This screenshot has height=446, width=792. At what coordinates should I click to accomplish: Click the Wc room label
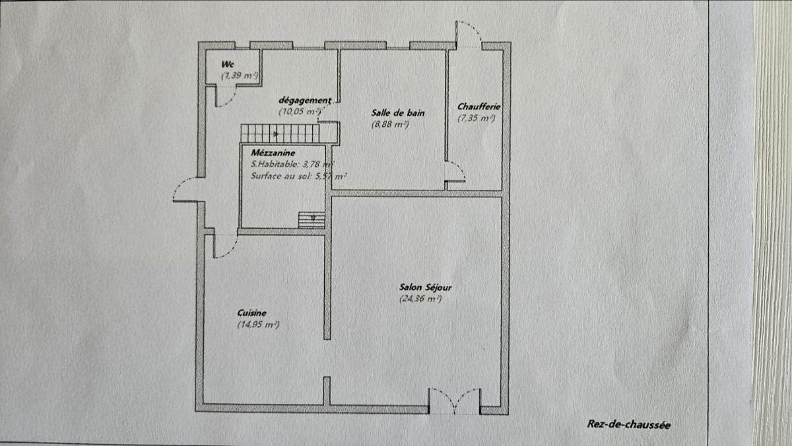click(x=227, y=65)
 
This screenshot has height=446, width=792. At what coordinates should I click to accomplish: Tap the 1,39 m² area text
click(x=240, y=76)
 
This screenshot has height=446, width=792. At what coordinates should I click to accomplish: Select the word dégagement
click(x=305, y=101)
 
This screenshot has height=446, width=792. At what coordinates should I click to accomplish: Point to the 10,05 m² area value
click(x=300, y=112)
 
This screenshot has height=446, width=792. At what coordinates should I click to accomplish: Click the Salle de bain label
click(x=398, y=113)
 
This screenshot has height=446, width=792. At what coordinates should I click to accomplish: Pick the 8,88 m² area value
click(x=390, y=125)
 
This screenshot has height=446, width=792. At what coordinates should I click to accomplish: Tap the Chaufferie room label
click(x=479, y=106)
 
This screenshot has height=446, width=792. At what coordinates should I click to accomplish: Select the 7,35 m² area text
click(x=477, y=118)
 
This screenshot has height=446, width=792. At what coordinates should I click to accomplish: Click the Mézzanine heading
click(x=273, y=153)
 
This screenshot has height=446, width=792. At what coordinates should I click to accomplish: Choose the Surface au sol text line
click(x=299, y=176)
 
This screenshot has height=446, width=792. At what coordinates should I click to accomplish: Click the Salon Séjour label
click(x=425, y=287)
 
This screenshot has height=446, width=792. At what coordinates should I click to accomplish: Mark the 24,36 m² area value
click(x=420, y=299)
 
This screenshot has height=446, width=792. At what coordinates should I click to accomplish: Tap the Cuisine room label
click(x=251, y=313)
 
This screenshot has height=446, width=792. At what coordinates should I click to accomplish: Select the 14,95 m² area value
click(x=258, y=324)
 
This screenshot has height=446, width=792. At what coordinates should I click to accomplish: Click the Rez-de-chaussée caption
click(x=628, y=424)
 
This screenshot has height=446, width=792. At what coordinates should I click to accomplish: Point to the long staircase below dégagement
click(x=280, y=133)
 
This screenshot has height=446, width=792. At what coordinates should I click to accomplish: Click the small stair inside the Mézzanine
click(x=312, y=220)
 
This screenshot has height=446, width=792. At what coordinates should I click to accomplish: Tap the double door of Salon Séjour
click(x=454, y=402)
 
